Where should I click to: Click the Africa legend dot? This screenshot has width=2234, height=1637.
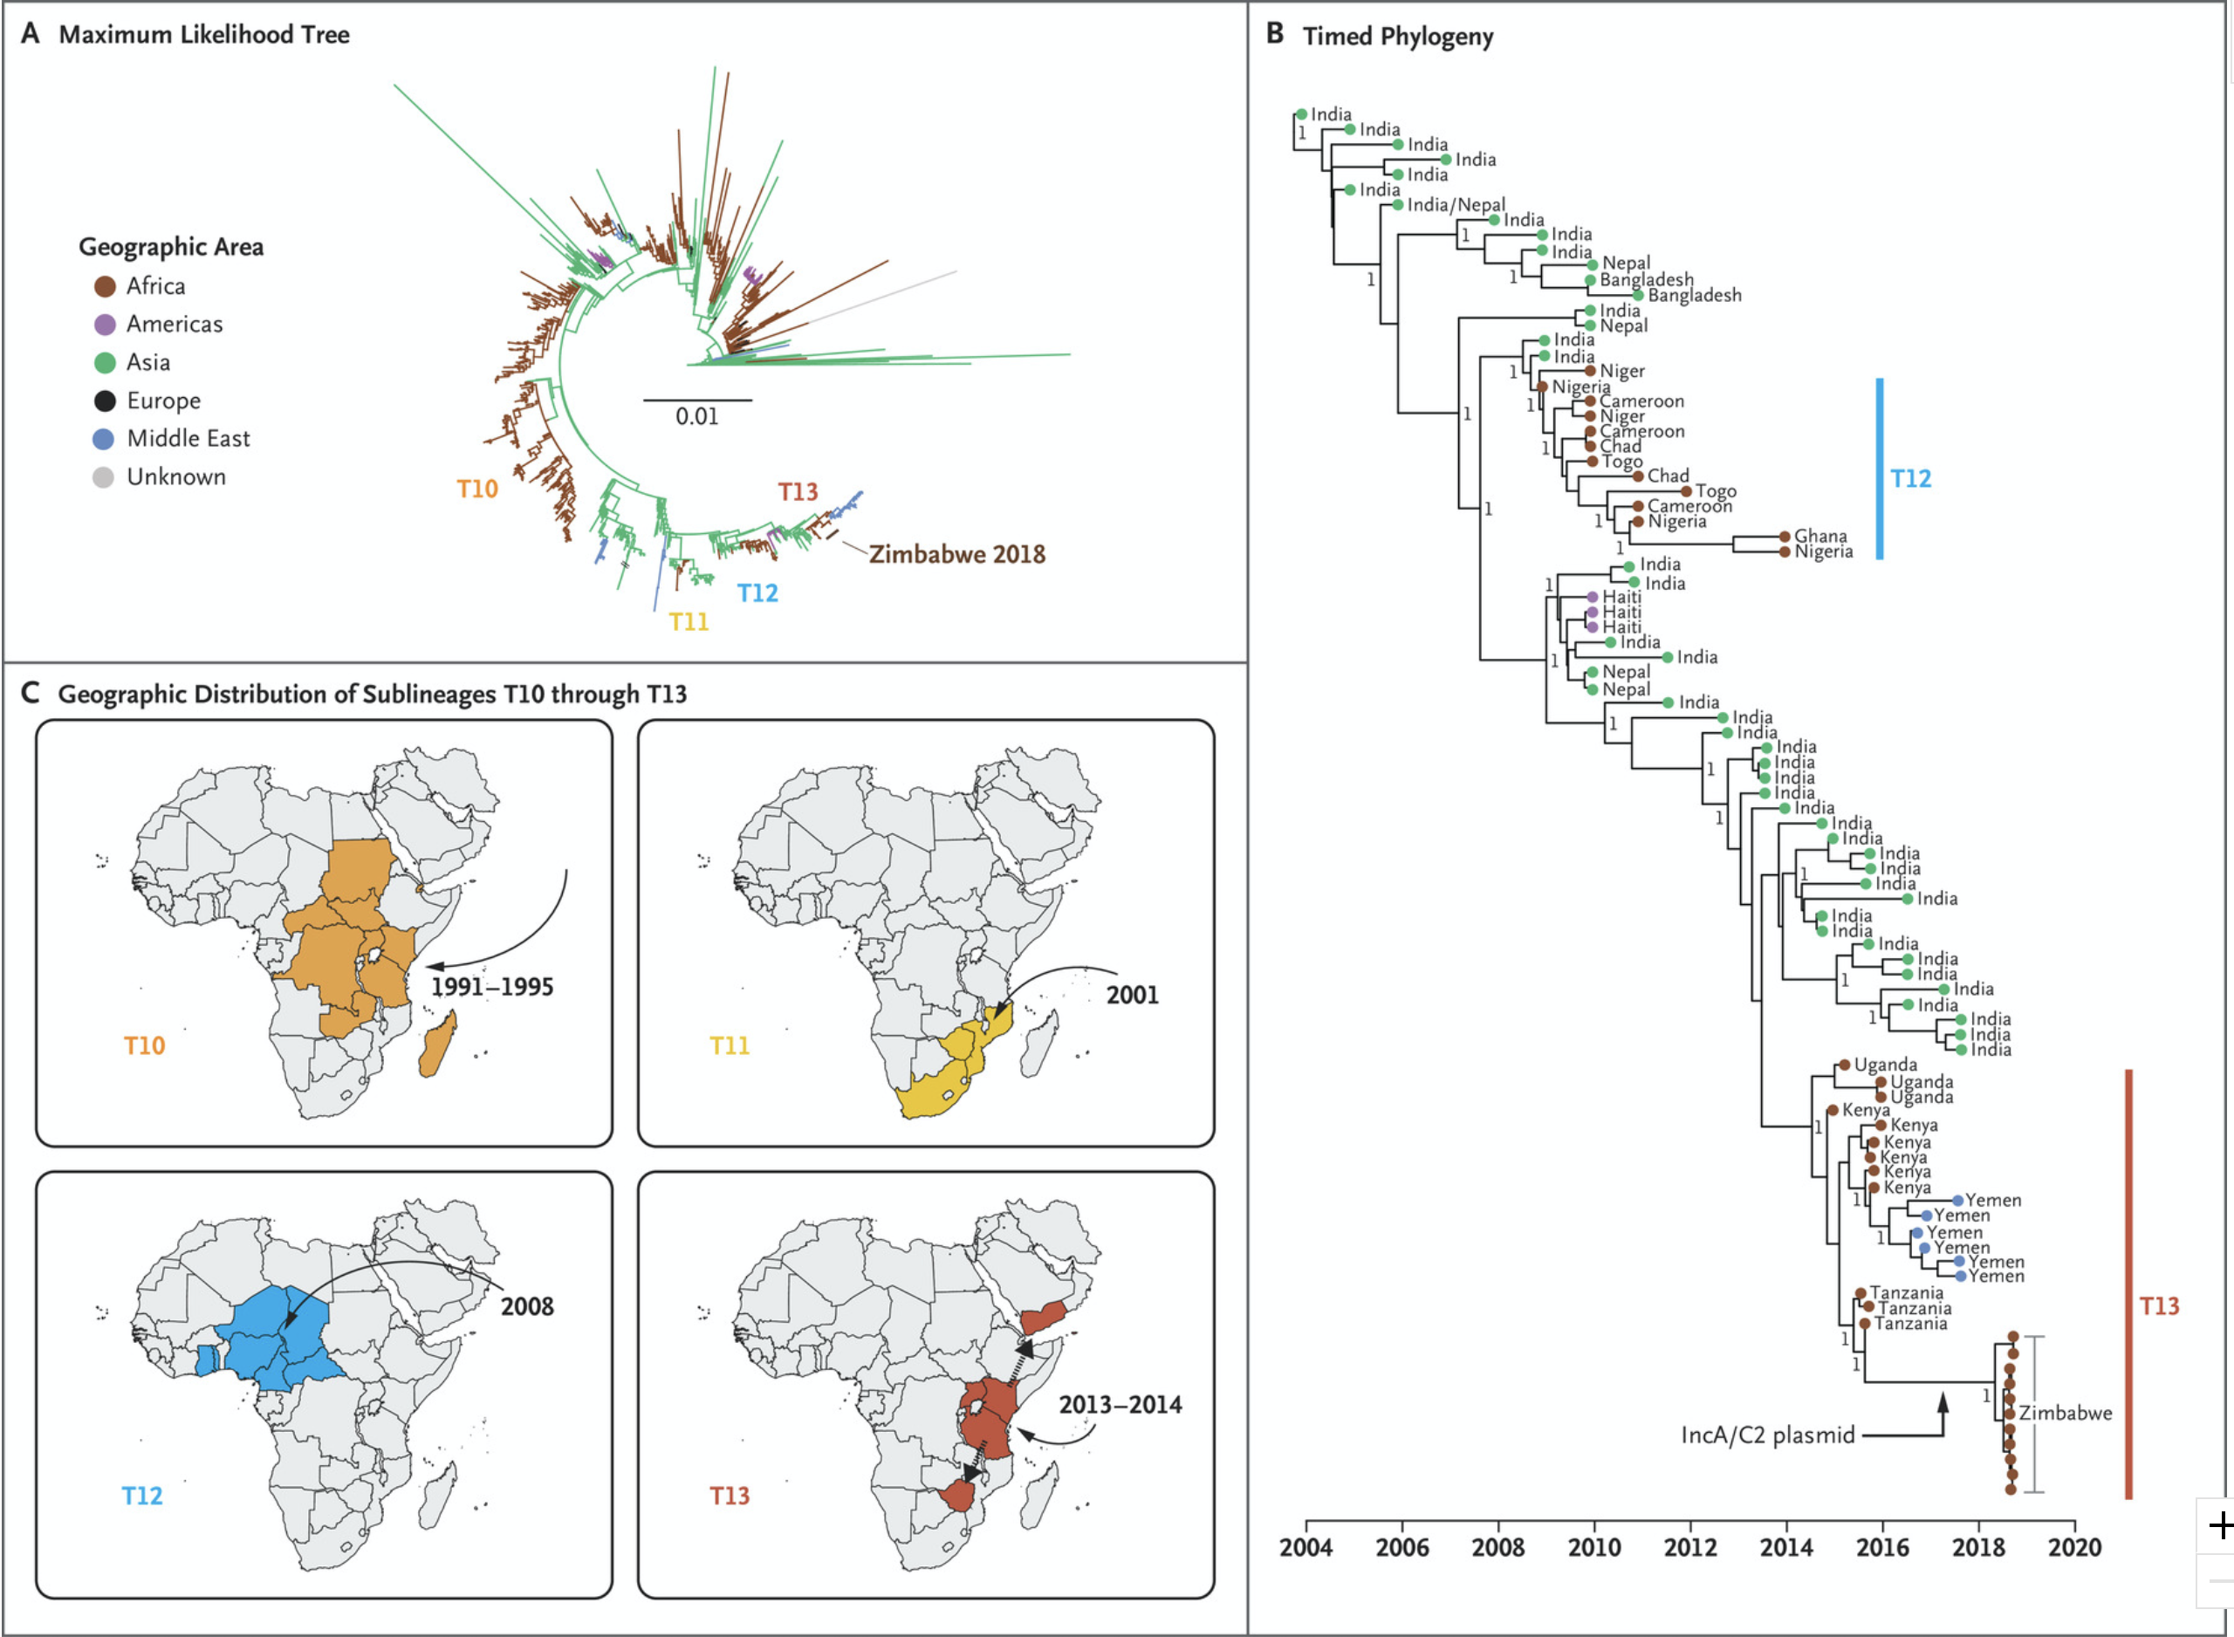105,286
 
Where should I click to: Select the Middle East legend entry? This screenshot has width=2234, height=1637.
188,439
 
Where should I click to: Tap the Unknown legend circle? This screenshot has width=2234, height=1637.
103,477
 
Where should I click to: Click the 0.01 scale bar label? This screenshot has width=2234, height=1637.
696,417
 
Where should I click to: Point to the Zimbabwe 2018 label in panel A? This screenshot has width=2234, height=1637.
957,555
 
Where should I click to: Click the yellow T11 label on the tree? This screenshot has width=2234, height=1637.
689,622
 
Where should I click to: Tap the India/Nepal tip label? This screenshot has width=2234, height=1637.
1456,205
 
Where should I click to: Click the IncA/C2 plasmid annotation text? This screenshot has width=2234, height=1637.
1767,1435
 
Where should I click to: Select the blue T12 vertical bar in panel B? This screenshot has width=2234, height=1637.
1880,469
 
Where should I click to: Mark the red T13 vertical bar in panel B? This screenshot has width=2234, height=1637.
2128,1284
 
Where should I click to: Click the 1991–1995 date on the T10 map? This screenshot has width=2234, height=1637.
491,987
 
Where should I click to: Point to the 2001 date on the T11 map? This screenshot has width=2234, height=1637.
1131,995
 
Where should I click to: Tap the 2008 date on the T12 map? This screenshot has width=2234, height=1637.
526,1307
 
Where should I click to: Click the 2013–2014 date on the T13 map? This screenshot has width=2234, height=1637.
1120,1405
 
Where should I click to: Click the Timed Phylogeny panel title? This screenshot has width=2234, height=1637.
1397,37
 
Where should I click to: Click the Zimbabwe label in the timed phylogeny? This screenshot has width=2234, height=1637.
2065,1414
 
